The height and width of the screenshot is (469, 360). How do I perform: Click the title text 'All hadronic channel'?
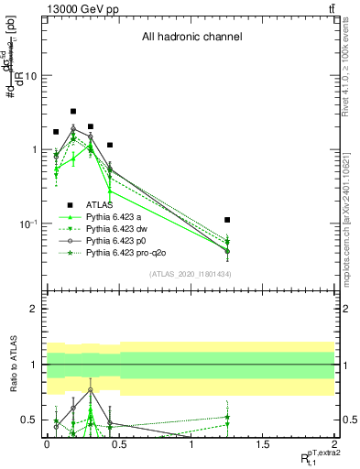191,38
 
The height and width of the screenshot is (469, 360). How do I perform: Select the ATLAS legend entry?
99,205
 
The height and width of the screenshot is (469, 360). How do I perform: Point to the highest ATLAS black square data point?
73,111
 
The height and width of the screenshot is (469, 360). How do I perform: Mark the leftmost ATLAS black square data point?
56,132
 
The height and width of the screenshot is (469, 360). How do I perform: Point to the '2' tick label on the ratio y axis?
35,309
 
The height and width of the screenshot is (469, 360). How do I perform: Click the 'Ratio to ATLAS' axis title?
14,365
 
